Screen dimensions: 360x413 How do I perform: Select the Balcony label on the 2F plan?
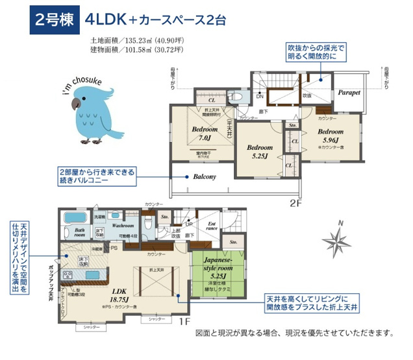pyautogui.click(x=204, y=176)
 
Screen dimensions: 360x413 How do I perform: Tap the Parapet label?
pyautogui.click(x=349, y=93)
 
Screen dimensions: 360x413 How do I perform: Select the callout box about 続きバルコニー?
pyautogui.click(x=99, y=176)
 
